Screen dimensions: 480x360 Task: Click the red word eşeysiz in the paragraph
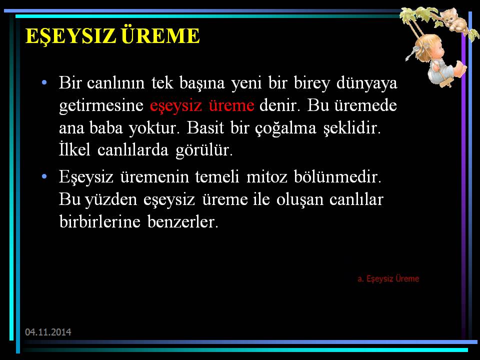click(x=176, y=106)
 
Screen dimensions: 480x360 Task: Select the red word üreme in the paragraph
click(x=231, y=105)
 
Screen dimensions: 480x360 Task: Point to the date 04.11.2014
click(x=48, y=332)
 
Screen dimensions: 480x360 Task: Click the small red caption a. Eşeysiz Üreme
click(x=388, y=278)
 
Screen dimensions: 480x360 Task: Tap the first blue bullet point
click(x=44, y=82)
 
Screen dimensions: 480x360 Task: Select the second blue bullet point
click(x=44, y=176)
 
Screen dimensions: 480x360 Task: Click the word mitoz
click(x=267, y=177)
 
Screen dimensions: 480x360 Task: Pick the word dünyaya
click(x=366, y=83)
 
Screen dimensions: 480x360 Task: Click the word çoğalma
click(x=285, y=128)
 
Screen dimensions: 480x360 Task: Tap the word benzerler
click(x=183, y=221)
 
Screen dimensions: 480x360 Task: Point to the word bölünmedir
click(x=337, y=176)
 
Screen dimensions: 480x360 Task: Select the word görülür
click(x=204, y=150)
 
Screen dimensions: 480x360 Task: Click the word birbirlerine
click(x=100, y=221)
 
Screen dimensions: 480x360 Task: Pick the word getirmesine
click(x=101, y=106)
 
